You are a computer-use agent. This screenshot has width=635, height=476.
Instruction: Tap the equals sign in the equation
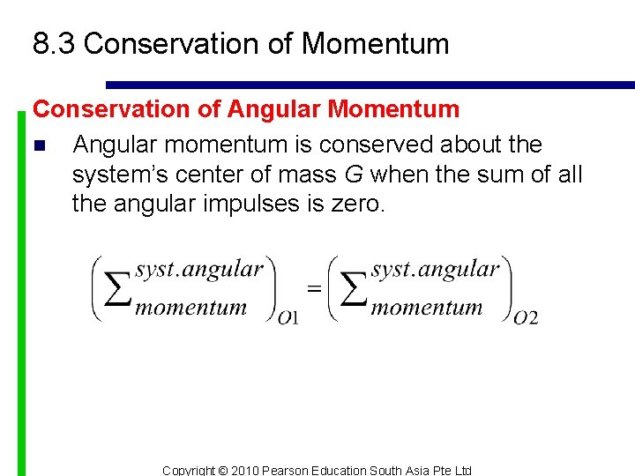tap(313, 288)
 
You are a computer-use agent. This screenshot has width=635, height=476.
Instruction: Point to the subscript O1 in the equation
tap(288, 317)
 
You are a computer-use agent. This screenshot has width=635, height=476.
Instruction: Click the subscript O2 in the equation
tap(526, 317)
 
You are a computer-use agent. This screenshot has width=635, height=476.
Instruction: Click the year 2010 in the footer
tap(246, 471)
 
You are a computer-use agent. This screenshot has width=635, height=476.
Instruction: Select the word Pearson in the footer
tap(287, 471)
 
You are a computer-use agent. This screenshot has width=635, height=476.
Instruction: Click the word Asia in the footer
tap(421, 471)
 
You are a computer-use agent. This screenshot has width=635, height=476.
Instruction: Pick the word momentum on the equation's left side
tap(190, 308)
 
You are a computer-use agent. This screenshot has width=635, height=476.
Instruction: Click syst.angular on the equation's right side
tap(436, 269)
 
